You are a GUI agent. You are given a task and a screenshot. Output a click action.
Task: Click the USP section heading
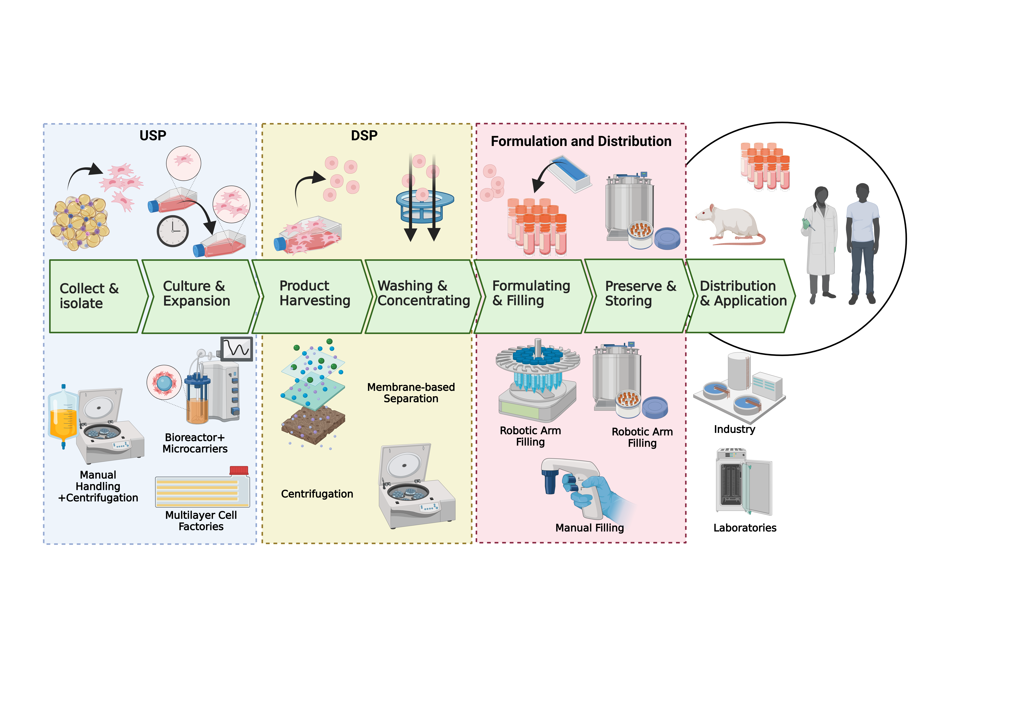153,135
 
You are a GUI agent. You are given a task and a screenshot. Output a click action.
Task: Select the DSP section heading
364,135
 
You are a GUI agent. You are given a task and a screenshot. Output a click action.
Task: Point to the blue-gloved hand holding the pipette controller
594,496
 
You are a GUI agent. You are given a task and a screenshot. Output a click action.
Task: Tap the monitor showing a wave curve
237,348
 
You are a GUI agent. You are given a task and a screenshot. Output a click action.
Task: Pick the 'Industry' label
735,429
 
